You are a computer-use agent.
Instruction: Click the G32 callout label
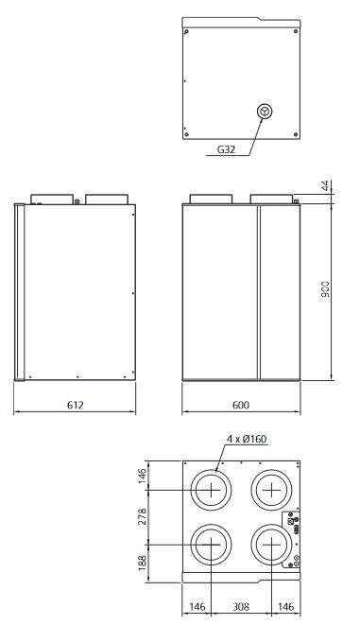[226, 149]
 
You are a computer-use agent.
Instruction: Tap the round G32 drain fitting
[265, 112]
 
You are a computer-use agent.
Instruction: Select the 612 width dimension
[76, 405]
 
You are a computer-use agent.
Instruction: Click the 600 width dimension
[241, 405]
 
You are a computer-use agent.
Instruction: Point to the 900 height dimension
[325, 289]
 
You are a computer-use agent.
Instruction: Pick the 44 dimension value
[326, 185]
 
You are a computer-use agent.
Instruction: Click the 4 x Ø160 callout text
[247, 439]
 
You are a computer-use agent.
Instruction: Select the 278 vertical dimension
[142, 516]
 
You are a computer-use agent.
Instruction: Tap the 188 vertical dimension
[142, 563]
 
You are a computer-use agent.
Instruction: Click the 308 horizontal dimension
[241, 607]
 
